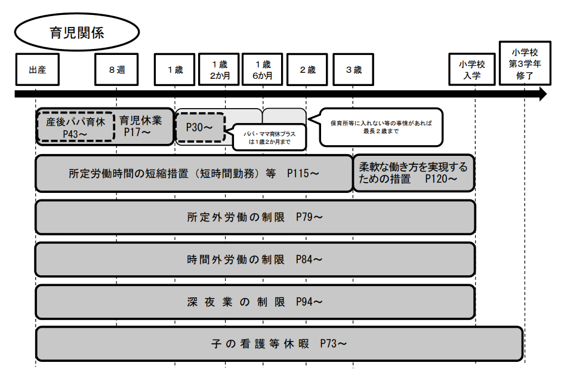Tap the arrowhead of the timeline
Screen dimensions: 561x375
(543, 94)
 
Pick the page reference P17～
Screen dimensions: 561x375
(137, 133)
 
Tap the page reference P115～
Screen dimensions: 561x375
(303, 174)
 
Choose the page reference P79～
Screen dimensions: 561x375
(309, 217)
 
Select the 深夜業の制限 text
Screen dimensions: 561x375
(236, 302)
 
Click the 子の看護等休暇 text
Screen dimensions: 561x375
(260, 344)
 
